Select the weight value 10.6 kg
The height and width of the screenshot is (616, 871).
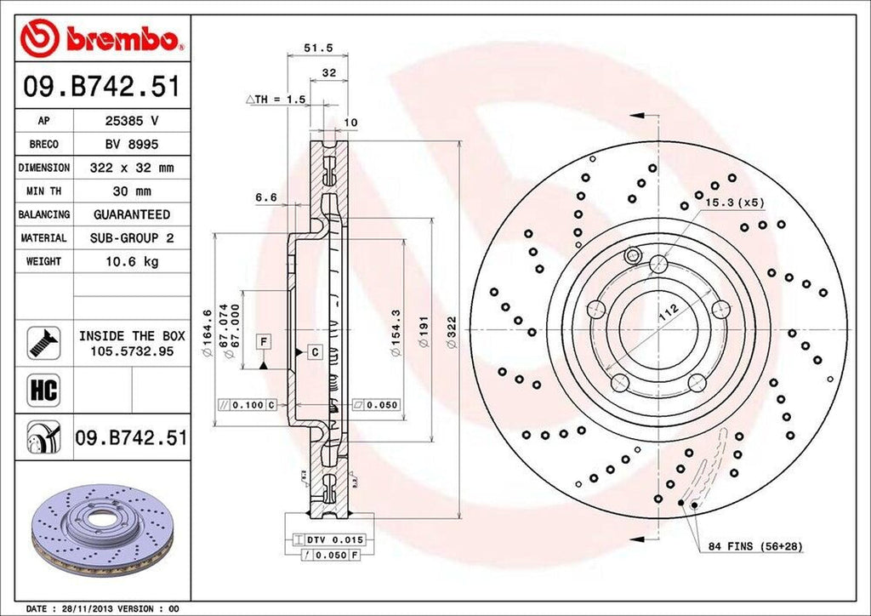131,261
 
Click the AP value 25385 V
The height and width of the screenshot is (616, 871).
131,122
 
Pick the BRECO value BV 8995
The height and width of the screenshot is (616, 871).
131,145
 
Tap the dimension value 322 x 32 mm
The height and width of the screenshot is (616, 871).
131,168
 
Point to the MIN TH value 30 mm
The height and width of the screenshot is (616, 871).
131,191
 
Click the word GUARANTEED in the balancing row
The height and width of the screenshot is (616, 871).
131,214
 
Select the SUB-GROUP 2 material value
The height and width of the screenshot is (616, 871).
131,238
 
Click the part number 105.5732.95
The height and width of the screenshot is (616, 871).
131,351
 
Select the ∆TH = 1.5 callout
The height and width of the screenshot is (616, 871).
276,100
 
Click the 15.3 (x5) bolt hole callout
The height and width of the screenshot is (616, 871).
734,202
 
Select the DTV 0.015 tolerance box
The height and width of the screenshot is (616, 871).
328,539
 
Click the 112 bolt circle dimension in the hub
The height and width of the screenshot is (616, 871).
670,316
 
